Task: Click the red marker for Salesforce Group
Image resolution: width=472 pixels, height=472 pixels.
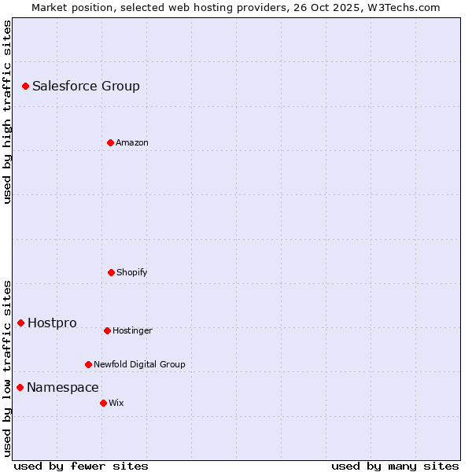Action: coord(25,86)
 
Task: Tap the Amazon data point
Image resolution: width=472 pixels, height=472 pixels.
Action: coord(110,142)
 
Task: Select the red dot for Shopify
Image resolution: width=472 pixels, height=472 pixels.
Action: coord(111,272)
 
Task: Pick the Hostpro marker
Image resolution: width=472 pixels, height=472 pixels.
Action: coord(20,323)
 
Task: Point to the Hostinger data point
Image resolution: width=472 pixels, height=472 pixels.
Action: coord(107,330)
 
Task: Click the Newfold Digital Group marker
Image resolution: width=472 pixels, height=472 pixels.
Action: coord(88,364)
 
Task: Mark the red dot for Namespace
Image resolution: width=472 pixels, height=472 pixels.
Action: coord(20,387)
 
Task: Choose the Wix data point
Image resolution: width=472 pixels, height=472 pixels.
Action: coord(103,403)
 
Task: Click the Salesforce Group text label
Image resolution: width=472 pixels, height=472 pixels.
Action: coord(86,87)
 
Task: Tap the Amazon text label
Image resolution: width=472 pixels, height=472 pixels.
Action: coord(132,143)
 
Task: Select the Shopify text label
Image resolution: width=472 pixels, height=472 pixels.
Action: coord(132,273)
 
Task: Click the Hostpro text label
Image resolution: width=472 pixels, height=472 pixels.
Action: coord(52,323)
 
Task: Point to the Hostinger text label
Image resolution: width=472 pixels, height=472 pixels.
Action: coord(132,331)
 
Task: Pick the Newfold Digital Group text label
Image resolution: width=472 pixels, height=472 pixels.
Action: coord(139,365)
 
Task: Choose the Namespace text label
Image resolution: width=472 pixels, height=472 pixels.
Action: coord(63,388)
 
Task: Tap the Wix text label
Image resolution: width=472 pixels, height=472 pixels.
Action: coord(116,404)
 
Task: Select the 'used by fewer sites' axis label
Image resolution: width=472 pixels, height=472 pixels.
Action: coord(81,466)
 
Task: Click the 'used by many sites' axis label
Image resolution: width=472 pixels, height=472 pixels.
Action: coord(395,466)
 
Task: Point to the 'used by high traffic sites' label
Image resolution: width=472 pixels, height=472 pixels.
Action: coord(7,112)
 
